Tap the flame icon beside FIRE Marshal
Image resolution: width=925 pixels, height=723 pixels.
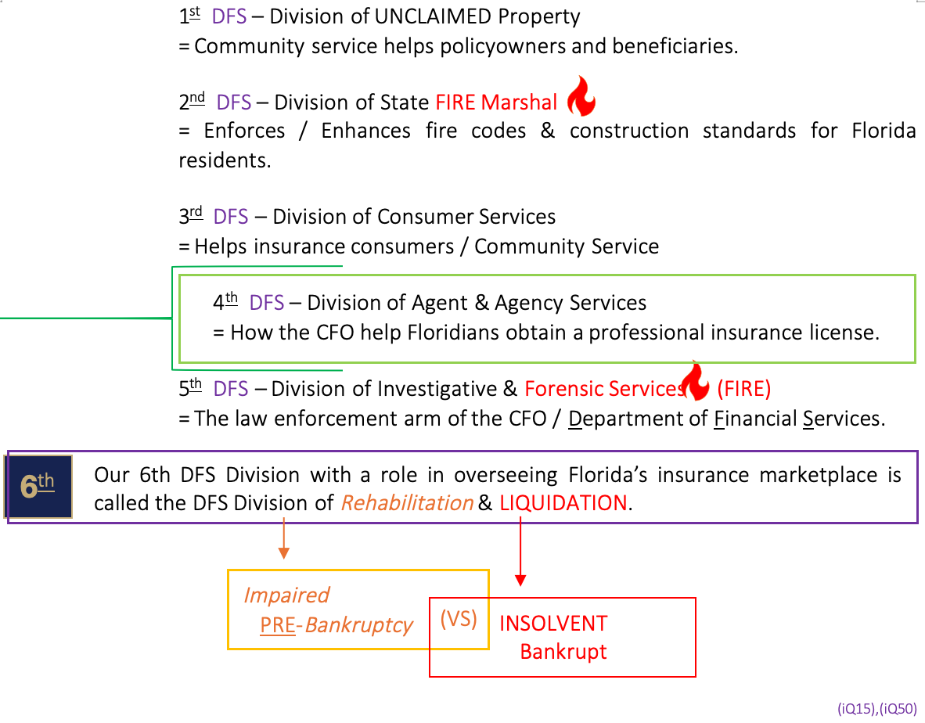click(581, 96)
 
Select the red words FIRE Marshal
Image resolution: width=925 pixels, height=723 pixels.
click(496, 103)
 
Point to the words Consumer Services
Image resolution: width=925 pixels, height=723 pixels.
click(466, 217)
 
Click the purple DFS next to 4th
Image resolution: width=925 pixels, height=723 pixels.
click(267, 303)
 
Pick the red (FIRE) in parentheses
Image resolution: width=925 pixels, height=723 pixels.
click(743, 389)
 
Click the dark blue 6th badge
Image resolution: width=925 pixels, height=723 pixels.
click(39, 486)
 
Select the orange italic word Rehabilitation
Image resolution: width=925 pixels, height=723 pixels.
click(407, 503)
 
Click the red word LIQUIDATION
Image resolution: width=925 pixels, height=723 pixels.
click(563, 503)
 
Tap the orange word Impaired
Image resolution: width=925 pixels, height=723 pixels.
click(286, 595)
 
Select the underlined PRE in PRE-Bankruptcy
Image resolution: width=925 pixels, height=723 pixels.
click(278, 625)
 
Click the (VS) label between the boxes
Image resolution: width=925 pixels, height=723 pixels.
click(459, 618)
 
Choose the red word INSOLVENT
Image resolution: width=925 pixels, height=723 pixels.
click(553, 624)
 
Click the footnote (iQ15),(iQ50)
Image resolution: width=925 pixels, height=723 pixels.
click(876, 708)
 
